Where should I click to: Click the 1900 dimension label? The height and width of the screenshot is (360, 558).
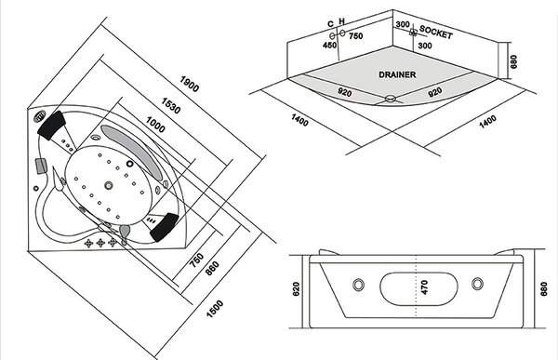point(190,84)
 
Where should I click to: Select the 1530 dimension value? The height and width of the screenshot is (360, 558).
point(171,106)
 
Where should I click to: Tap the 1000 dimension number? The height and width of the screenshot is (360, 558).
point(155,125)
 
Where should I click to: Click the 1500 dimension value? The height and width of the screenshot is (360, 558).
point(215,309)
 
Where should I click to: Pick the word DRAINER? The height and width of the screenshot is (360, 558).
point(397,74)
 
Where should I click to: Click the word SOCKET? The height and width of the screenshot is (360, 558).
point(436,32)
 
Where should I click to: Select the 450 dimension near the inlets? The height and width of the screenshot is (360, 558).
point(329,46)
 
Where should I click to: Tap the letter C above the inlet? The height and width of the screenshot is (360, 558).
point(330,24)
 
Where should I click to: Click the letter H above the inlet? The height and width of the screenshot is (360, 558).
point(342,21)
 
